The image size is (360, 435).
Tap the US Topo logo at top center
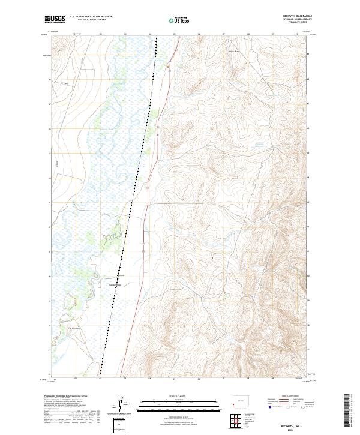pyautogui.click(x=178, y=20)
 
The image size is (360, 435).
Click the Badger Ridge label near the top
pyautogui.click(x=233, y=50)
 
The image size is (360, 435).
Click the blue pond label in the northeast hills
pyautogui.click(x=259, y=145)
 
